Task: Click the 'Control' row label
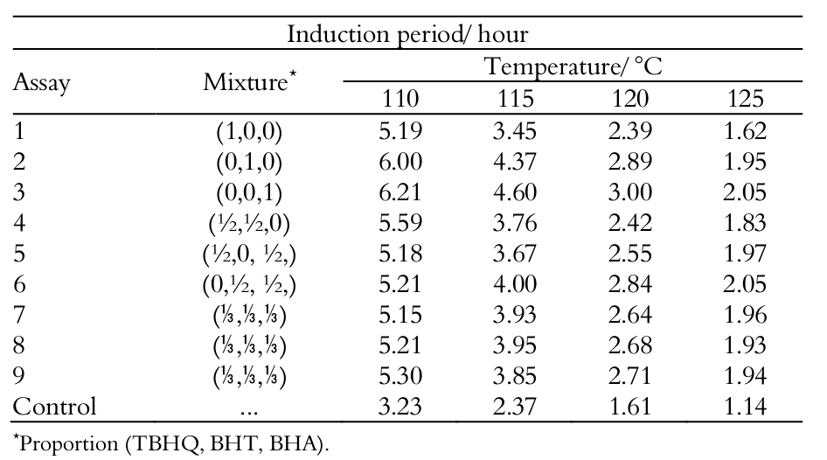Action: (55, 407)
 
